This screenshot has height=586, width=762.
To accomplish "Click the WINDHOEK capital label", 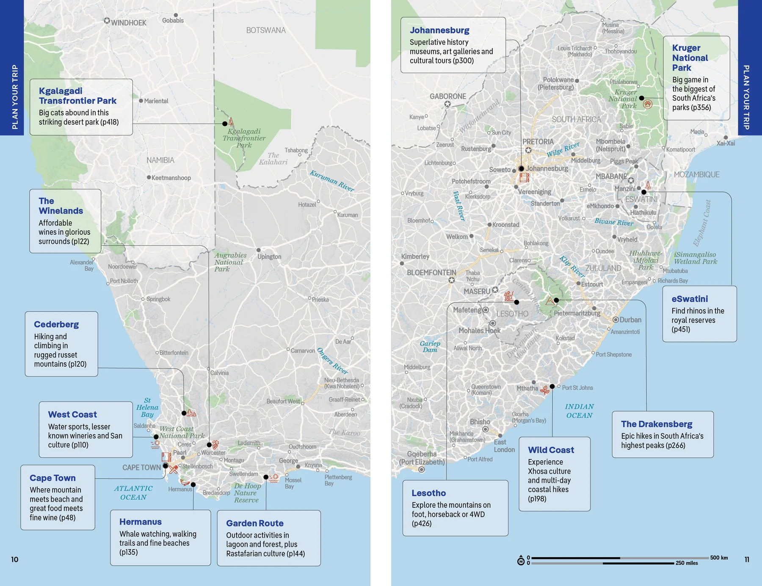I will [x=128, y=22].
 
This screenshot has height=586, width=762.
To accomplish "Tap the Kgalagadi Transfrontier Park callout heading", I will [x=77, y=96].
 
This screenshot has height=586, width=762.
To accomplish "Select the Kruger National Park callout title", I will [x=690, y=58].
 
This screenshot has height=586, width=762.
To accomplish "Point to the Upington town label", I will [x=269, y=256].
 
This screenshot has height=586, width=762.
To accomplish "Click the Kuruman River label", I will [x=332, y=181].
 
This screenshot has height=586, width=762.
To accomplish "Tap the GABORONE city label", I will [x=448, y=96].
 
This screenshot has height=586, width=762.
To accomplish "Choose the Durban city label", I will [x=630, y=320].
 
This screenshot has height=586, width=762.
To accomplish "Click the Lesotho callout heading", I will [x=428, y=493].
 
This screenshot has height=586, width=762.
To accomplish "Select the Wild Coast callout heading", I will [x=551, y=450].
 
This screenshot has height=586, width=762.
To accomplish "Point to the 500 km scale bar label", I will [x=719, y=558].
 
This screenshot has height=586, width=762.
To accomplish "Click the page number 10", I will [x=14, y=559].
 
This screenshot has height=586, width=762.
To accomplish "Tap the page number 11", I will [x=747, y=559].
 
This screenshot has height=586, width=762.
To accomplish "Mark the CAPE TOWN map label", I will [x=141, y=468].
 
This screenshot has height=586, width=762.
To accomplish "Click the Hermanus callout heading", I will [x=140, y=522].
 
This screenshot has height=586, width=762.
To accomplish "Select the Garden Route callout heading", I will [x=254, y=523].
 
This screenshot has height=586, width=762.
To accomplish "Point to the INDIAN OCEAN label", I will [x=579, y=411].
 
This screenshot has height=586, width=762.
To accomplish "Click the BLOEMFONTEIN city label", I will [x=431, y=272].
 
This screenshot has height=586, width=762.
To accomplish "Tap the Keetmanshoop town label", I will [x=171, y=178].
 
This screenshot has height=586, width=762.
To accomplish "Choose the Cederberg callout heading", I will [x=56, y=324].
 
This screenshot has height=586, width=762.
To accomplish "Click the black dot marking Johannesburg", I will [x=521, y=168].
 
